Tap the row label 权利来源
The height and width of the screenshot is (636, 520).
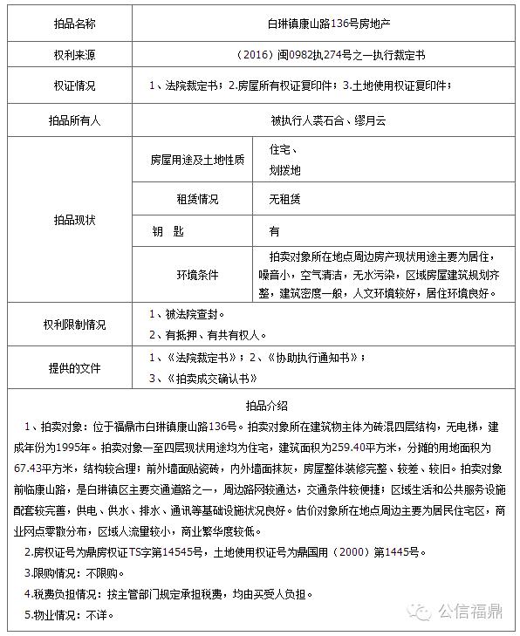[x=72, y=55]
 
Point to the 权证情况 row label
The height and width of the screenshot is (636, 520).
[x=72, y=85]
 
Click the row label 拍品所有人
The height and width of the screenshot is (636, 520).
[x=72, y=120]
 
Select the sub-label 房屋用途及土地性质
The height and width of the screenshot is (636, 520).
[x=197, y=160]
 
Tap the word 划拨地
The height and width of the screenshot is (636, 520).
[x=284, y=170]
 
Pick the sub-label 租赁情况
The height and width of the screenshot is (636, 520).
[x=197, y=199]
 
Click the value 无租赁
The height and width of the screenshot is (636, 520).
[x=284, y=199]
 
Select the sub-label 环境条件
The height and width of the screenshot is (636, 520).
[x=197, y=274]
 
